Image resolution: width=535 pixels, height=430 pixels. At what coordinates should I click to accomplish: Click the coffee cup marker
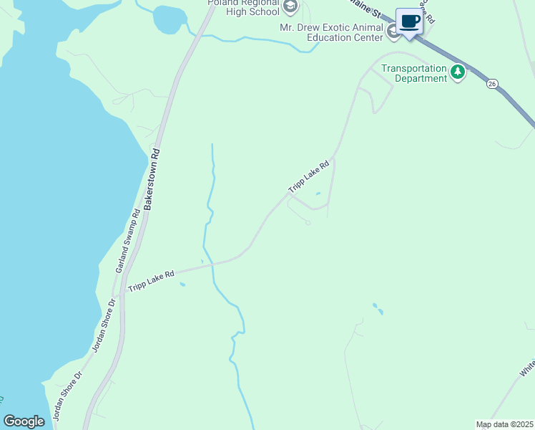pos(410,21)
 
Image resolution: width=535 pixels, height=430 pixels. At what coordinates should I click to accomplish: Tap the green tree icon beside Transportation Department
pos(458,72)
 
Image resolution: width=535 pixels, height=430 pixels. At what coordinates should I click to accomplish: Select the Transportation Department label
pos(413,73)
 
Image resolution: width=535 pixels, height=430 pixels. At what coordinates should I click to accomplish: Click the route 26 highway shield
pos(492,84)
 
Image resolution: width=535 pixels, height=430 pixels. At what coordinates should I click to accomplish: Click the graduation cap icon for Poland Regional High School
pos(290,8)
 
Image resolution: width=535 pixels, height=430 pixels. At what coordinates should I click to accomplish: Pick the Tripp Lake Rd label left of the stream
pos(151,280)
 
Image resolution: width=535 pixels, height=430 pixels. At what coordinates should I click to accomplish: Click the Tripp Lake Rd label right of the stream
pos(308,176)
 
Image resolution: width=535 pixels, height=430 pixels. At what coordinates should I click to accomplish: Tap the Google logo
pos(24,421)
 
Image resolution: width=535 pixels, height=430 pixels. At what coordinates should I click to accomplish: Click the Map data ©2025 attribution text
pos(504,424)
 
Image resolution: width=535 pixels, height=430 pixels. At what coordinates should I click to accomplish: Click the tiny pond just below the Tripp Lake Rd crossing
pos(182,285)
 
